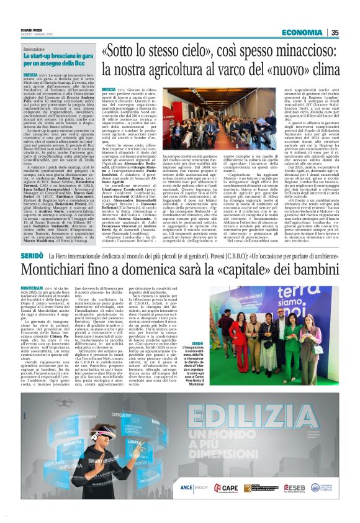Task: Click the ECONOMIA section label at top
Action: [300, 33]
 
